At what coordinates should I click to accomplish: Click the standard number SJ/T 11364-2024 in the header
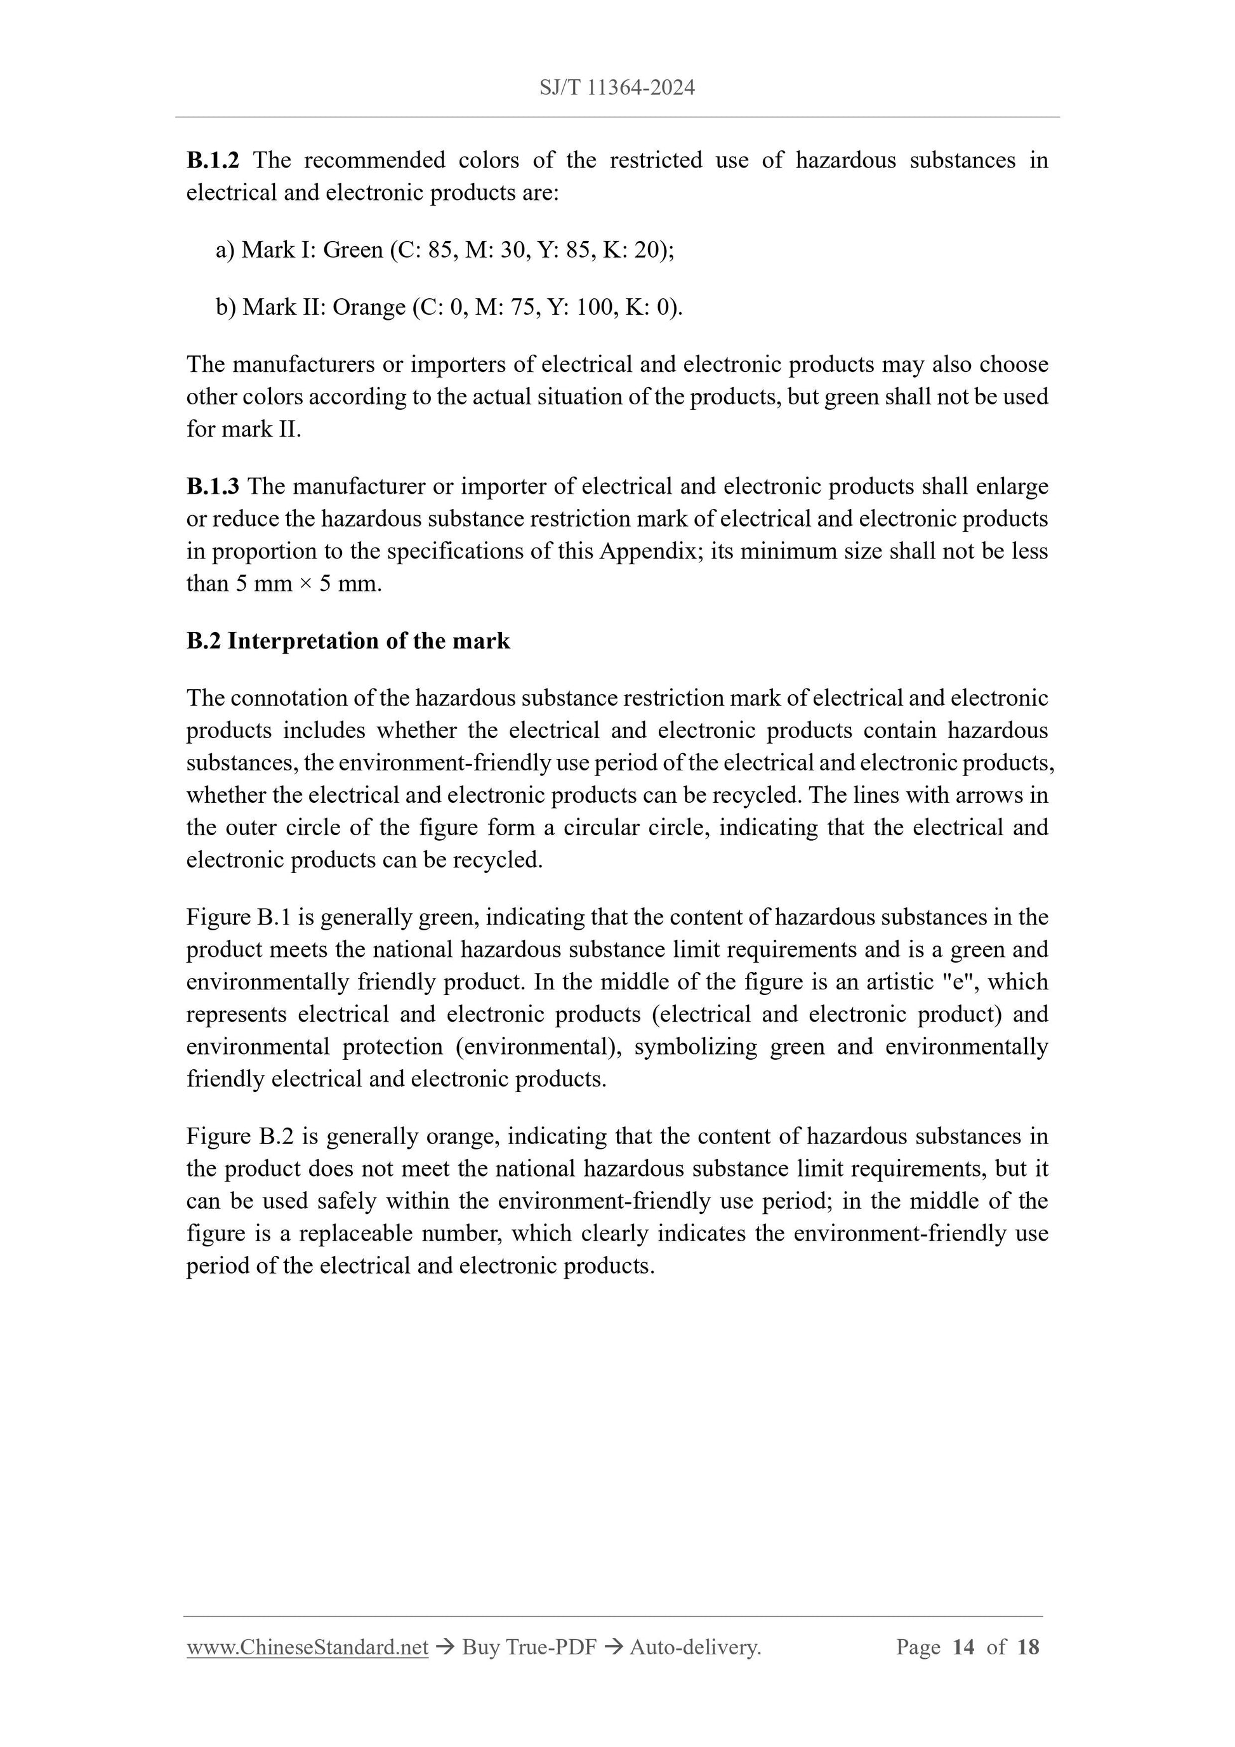click(617, 88)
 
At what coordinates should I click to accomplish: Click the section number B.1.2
click(213, 160)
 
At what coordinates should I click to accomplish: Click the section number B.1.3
click(213, 485)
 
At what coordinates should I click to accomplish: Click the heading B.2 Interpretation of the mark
click(348, 641)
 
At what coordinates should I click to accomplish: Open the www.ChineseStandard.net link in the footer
click(307, 1647)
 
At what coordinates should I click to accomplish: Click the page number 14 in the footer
click(963, 1647)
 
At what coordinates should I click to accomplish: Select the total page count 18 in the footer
click(1027, 1647)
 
